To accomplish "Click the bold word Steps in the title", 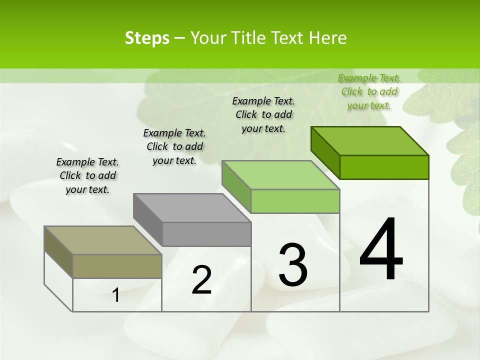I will click(x=147, y=38).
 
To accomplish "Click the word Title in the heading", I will click(x=250, y=38).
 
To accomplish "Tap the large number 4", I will click(x=381, y=249).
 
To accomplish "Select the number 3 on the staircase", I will click(x=293, y=265).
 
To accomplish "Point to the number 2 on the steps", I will click(x=202, y=280).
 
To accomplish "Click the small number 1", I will click(x=116, y=295).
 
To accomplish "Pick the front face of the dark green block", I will click(x=384, y=167).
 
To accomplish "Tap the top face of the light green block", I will click(x=281, y=175).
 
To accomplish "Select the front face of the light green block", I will click(x=295, y=201).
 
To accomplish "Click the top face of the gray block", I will click(x=192, y=207).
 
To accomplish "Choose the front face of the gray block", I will click(x=206, y=234).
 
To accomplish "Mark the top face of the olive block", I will click(x=103, y=240).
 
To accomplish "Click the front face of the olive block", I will click(x=117, y=266).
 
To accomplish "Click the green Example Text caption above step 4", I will click(x=369, y=91).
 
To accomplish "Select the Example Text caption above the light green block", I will click(x=263, y=114).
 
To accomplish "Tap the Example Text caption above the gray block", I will click(x=174, y=146).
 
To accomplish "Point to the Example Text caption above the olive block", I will click(x=87, y=175).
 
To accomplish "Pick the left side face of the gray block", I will click(x=148, y=220).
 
